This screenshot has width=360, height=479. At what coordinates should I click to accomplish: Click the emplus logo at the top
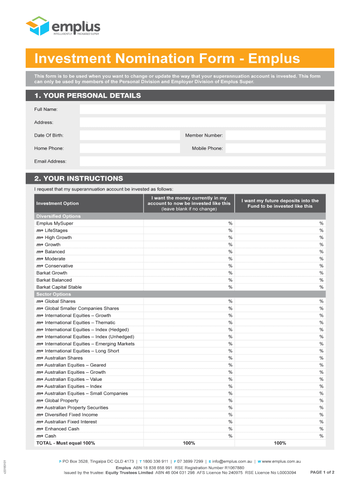coord(63,26)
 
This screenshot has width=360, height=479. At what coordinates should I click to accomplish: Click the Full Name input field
coord(202,109)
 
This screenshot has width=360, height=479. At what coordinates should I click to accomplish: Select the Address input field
coord(202,123)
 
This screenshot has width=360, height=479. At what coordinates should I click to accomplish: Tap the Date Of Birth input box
coord(130,135)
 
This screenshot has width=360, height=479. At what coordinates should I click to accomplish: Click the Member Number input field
coord(275,135)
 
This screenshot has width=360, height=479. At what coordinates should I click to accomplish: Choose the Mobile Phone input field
coord(275,148)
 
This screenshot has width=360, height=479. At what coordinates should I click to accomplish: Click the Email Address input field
coord(202,161)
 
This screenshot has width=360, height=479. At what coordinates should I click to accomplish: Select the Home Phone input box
coord(130,148)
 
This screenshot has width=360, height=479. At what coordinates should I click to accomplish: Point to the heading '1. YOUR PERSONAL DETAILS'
coord(87,95)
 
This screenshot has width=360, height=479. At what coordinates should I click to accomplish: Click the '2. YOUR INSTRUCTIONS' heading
coord(79,178)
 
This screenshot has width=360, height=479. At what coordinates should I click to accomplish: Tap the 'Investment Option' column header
coord(58,203)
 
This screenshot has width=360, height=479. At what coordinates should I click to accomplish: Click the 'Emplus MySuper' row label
coord(55,224)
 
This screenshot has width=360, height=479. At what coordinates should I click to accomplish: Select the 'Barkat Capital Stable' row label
coord(59,287)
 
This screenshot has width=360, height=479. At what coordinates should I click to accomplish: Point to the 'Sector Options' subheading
coord(54,294)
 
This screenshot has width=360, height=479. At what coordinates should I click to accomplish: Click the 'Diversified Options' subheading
coord(58,216)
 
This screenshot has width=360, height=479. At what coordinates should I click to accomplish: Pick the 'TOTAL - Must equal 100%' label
coord(65,443)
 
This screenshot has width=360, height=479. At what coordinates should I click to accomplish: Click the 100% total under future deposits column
coord(280,443)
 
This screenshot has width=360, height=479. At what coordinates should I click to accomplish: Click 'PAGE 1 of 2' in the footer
coord(322,472)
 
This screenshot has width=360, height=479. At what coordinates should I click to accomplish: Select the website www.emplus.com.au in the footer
coord(281,461)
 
